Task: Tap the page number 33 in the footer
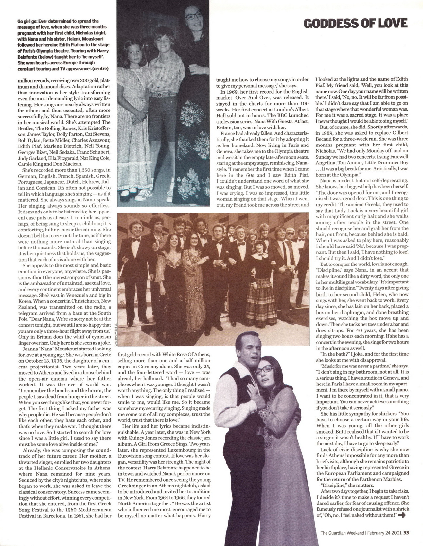pos(406,532)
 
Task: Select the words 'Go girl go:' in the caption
pos(27,21)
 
